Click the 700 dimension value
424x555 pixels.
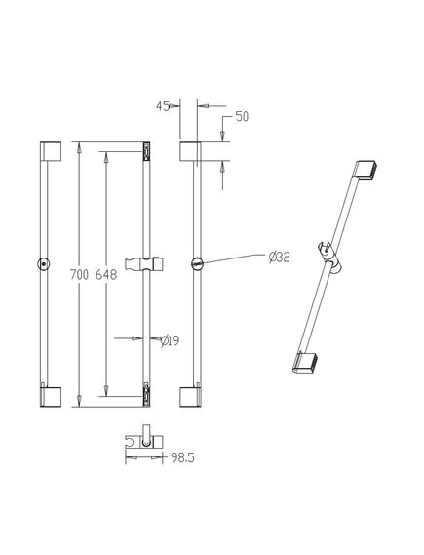point(79,274)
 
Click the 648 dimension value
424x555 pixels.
point(106,274)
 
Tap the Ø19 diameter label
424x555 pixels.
point(170,340)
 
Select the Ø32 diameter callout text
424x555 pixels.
point(279,257)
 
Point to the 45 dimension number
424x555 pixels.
point(163,106)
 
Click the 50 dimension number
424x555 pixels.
point(242,116)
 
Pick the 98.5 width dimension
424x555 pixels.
point(183,458)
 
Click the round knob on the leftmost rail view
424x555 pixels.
point(44,264)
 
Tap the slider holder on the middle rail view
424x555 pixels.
point(144,264)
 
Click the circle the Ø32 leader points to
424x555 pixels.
point(197,263)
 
